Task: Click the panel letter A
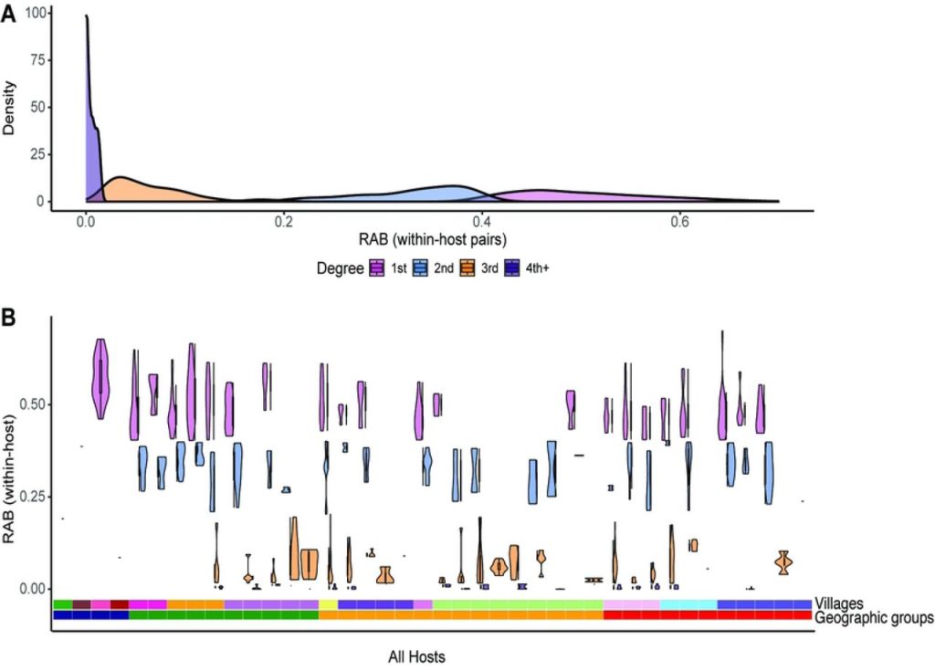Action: pos(7,12)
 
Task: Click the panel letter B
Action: pos(7,318)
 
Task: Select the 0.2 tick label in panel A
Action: pos(284,222)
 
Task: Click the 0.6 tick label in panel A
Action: pos(679,222)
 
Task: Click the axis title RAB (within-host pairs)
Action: pos(432,240)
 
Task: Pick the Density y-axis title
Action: pos(8,108)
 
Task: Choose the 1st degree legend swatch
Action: pos(377,268)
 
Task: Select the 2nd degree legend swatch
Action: pos(420,268)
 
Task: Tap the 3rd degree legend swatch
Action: pos(467,268)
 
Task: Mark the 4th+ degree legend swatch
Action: pos(511,268)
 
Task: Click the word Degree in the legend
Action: pos(340,268)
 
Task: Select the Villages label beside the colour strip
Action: pos(838,603)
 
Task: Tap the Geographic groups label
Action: pos(874,617)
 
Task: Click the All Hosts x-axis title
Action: pos(416,657)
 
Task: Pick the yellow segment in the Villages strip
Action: pos(328,604)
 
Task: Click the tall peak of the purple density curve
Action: pos(87,16)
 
